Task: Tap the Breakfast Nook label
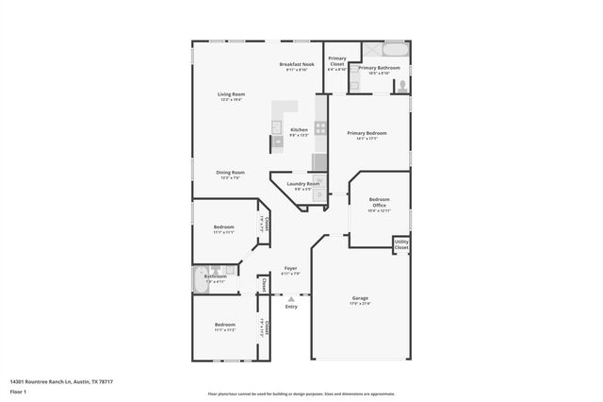(x=297, y=64)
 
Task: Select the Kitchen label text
(x=299, y=130)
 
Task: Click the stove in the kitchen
(x=320, y=126)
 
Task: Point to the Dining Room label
(x=230, y=173)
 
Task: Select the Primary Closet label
(x=336, y=62)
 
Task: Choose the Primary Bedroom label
(x=367, y=134)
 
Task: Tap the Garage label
(x=360, y=299)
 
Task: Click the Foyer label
(x=290, y=270)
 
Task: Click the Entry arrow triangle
(x=291, y=299)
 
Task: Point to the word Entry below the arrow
(x=291, y=307)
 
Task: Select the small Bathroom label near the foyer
(x=215, y=276)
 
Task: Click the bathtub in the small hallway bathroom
(x=200, y=279)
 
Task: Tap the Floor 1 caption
(x=17, y=391)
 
